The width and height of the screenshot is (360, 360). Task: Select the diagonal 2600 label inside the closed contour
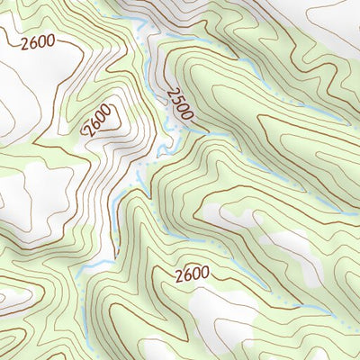(98, 120)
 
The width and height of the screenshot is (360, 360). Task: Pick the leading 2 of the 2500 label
(168, 93)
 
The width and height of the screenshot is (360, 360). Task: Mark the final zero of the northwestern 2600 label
(49, 41)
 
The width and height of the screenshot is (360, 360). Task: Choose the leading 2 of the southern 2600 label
(178, 274)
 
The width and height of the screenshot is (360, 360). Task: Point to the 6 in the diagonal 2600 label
(94, 123)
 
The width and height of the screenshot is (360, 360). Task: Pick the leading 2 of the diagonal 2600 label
(88, 130)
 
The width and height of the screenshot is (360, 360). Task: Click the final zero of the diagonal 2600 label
(107, 111)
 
